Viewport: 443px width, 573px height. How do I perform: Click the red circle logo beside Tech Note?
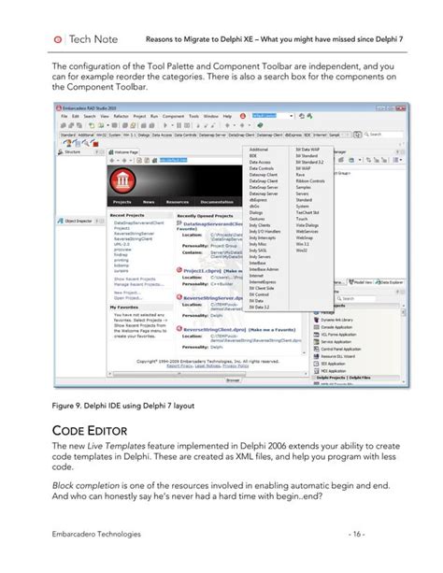[60, 39]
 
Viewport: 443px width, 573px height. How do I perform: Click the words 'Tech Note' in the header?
[93, 39]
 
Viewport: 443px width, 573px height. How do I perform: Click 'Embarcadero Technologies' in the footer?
[96, 534]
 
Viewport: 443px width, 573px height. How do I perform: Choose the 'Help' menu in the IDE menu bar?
[240, 116]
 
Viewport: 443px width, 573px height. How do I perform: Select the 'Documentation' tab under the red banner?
[217, 202]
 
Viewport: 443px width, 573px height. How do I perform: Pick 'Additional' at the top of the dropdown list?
[259, 150]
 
